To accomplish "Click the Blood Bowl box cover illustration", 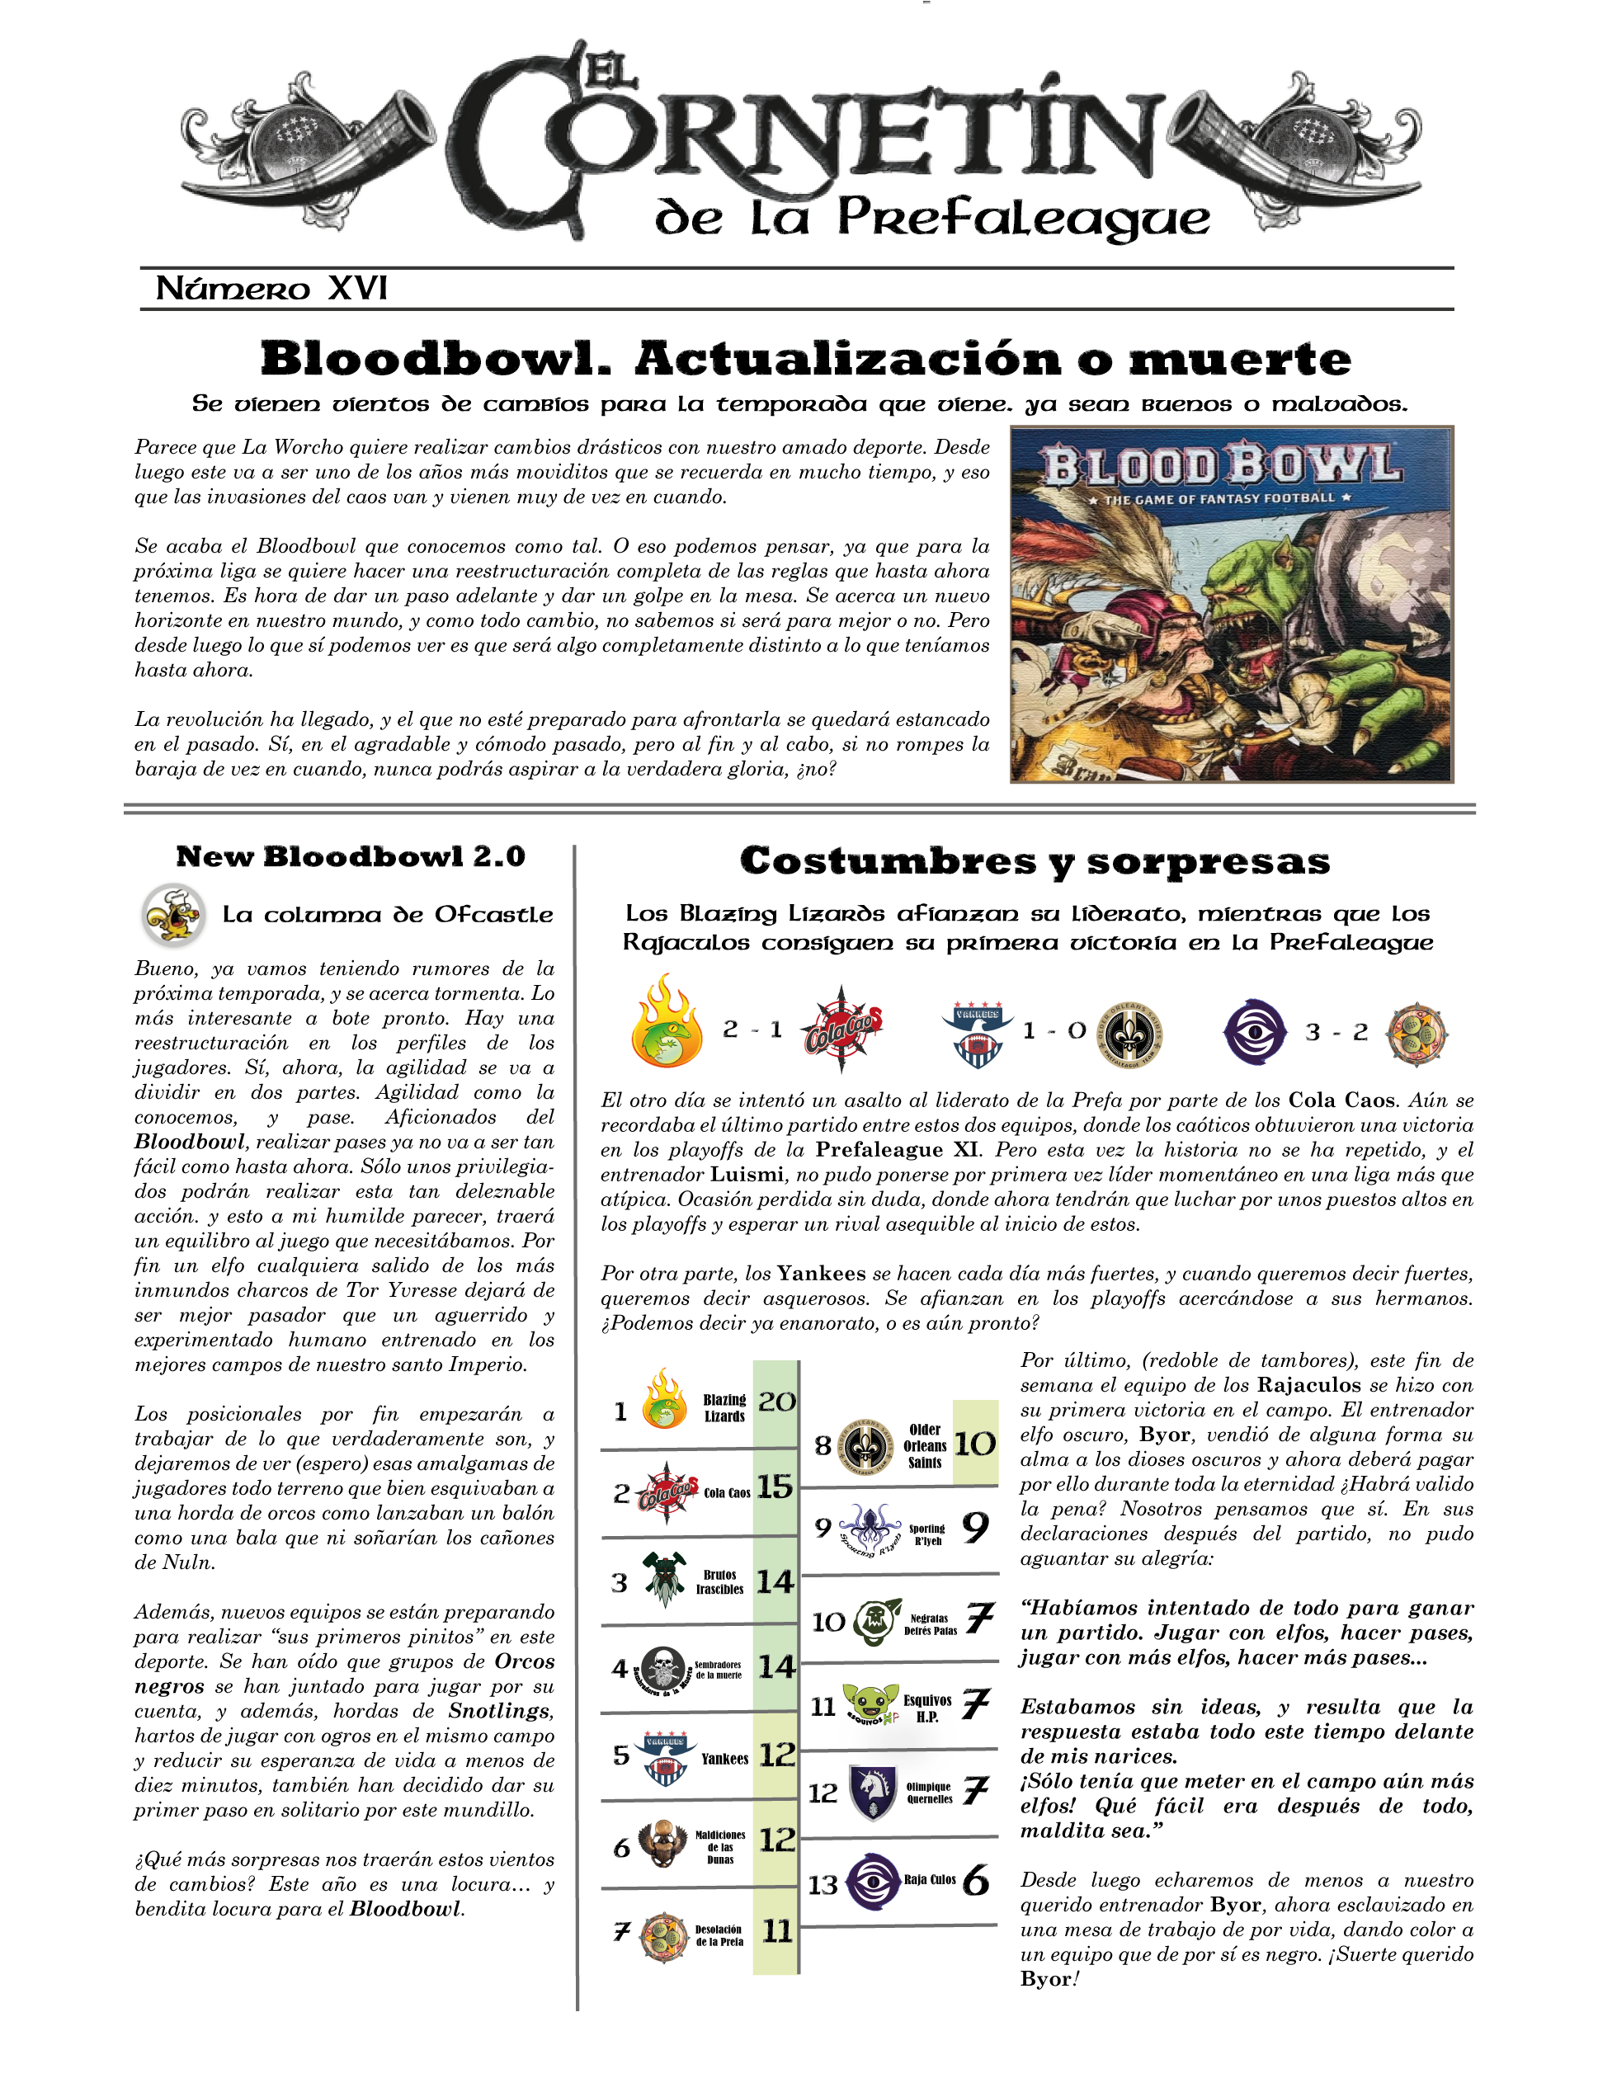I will tap(1231, 605).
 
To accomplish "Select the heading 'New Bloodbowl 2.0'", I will tap(350, 856).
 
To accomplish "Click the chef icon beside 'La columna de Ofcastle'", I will tap(172, 915).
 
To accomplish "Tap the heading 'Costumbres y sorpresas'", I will tap(1035, 860).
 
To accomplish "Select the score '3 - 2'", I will tap(1336, 1032).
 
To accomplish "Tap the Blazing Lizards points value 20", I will tap(776, 1402).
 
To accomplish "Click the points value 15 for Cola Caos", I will tap(775, 1487).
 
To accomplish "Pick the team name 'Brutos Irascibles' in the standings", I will tap(719, 1582).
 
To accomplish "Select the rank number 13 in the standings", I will tap(823, 1885).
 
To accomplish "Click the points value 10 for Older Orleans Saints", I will tap(975, 1444).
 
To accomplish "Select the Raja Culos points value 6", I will tap(975, 1881).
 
